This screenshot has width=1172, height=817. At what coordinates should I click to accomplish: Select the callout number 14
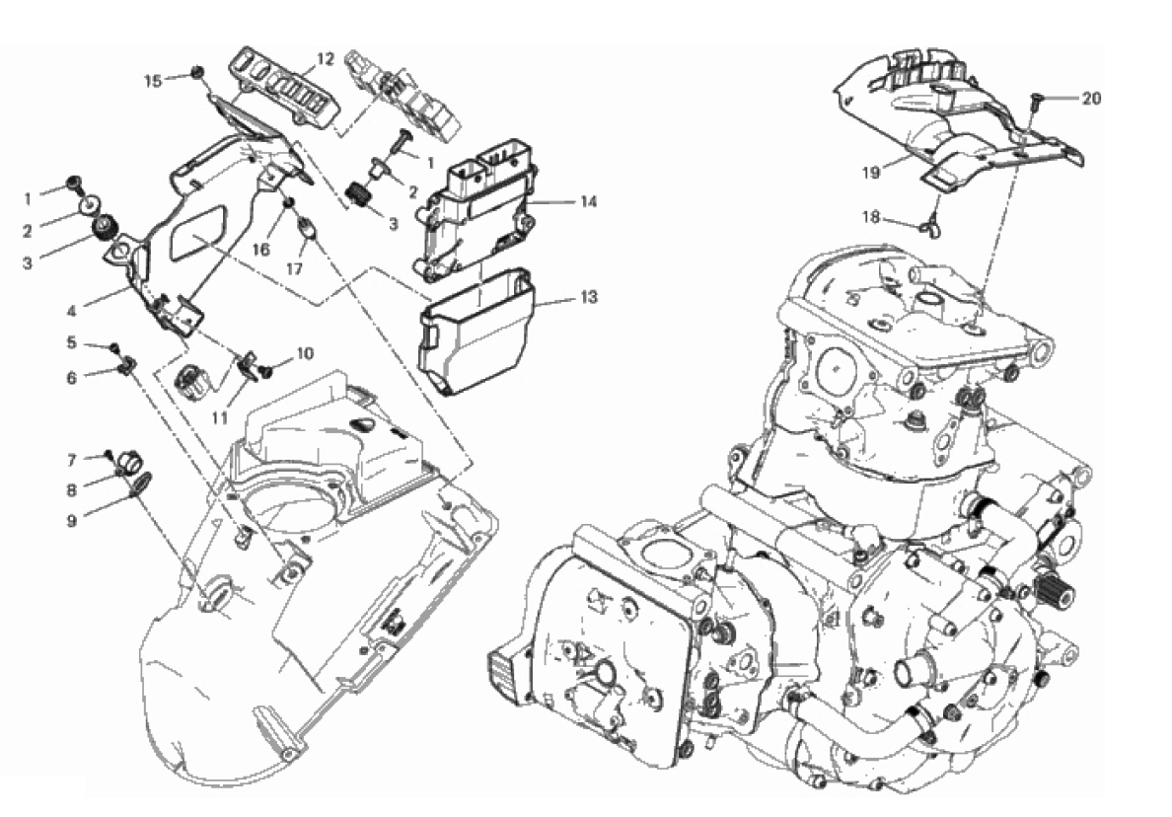point(588,202)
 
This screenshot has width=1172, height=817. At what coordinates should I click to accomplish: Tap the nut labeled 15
point(196,72)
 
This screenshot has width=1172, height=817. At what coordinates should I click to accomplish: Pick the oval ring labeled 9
point(140,483)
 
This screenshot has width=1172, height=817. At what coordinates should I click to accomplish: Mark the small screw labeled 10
point(267,370)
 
